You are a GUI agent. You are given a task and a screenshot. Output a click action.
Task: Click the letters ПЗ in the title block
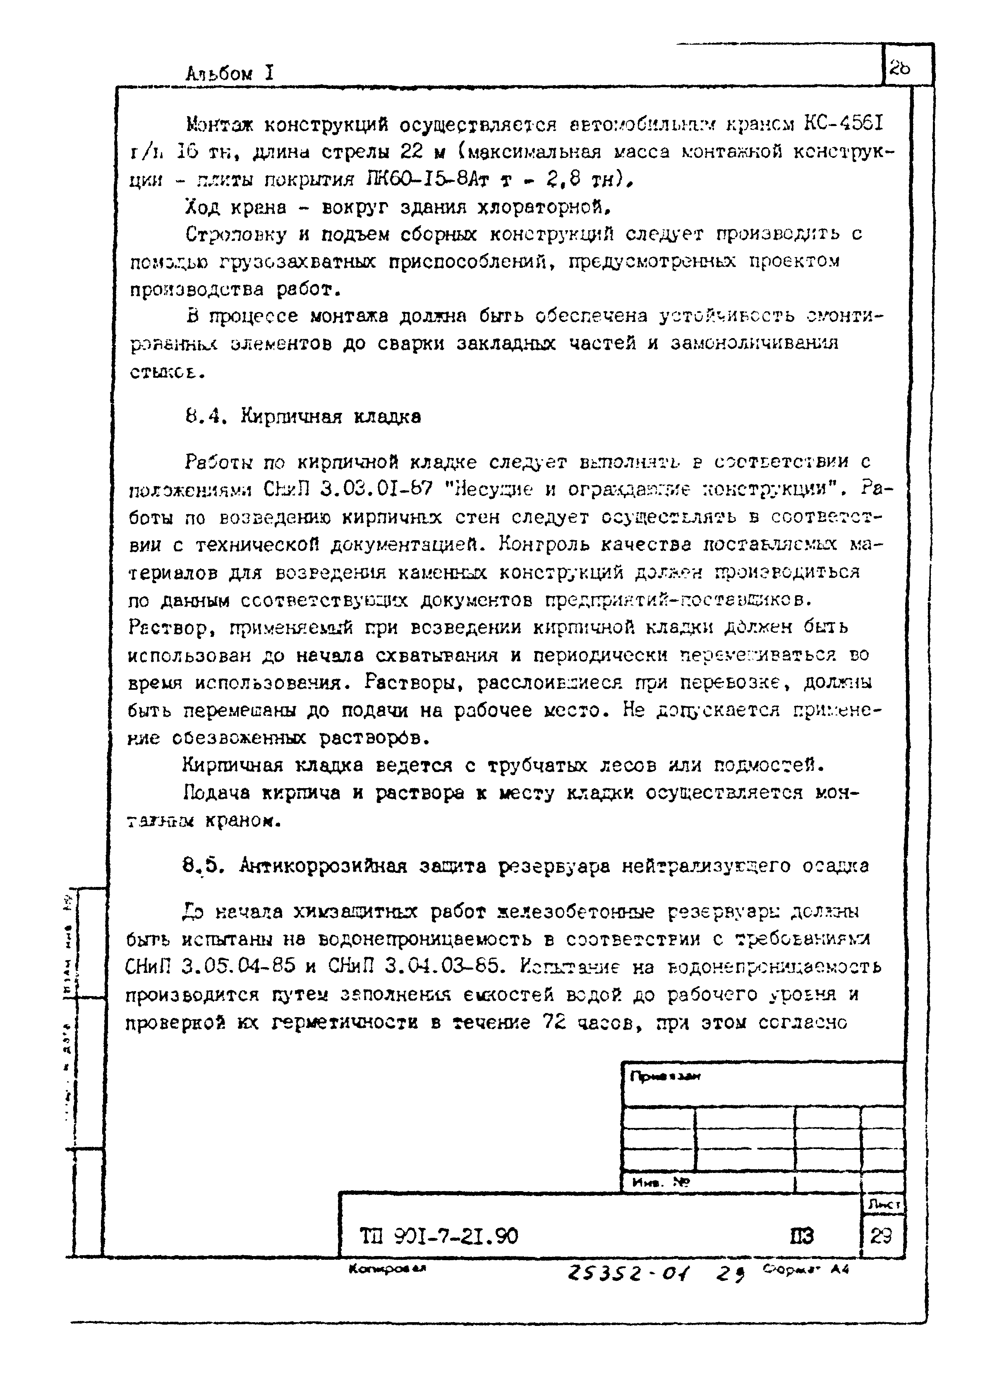801,1236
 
